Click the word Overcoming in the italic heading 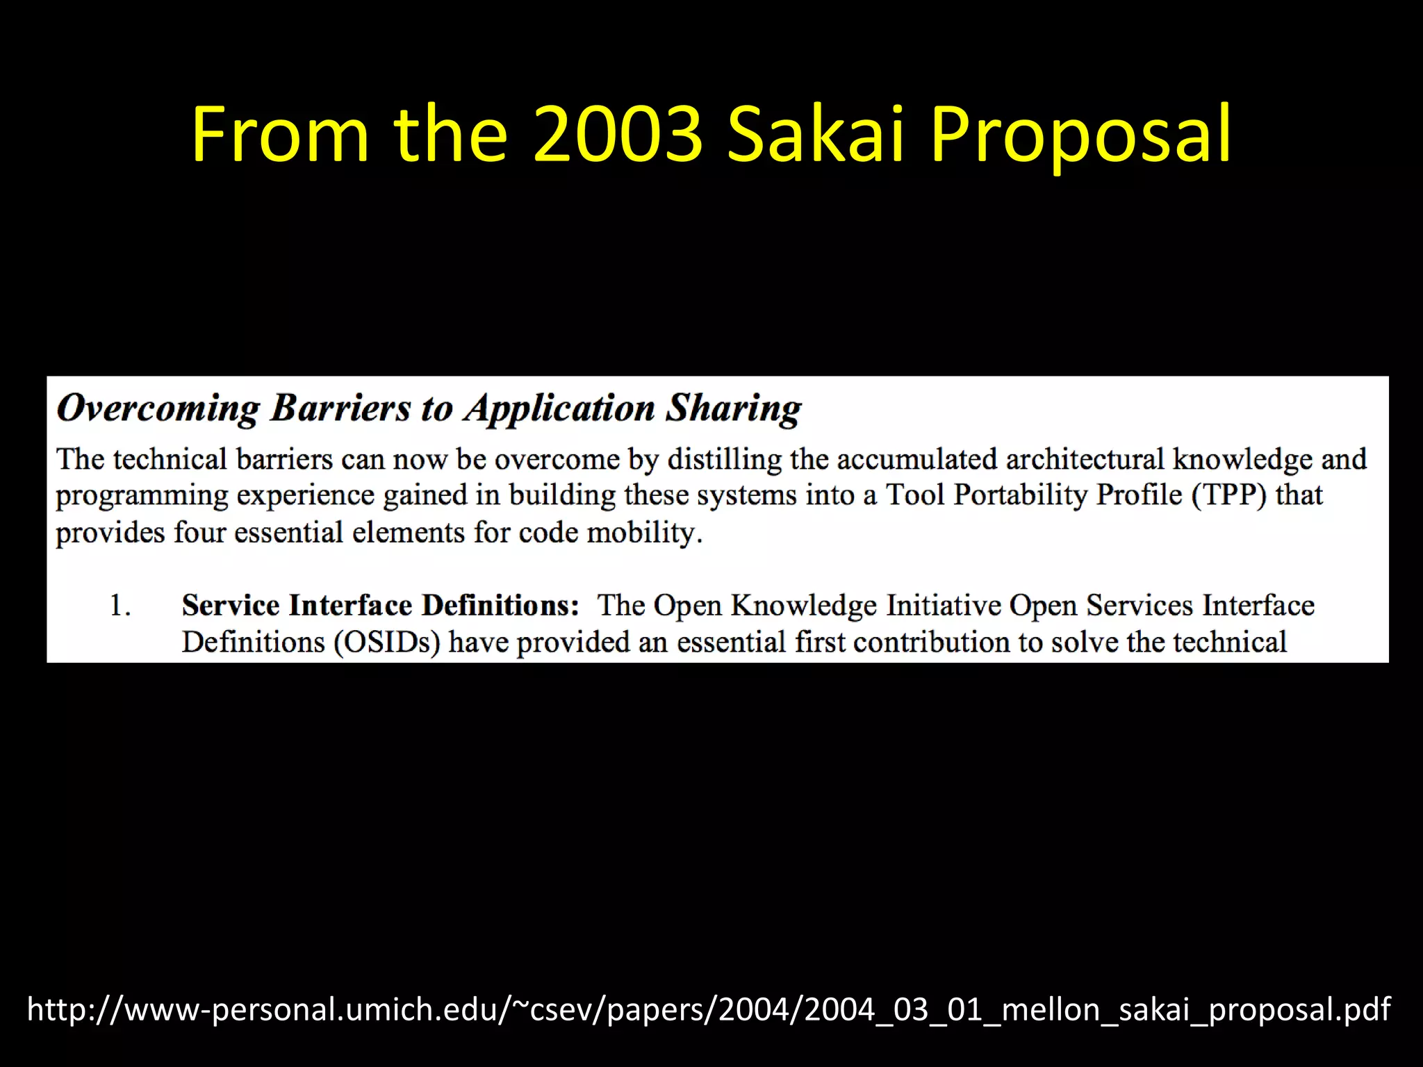tap(158, 408)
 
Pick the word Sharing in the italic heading tap(734, 408)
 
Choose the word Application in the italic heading tap(560, 408)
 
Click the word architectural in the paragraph tap(1085, 460)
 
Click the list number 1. tap(120, 606)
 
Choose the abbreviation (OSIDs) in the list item tap(387, 643)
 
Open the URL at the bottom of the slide tap(709, 1009)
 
